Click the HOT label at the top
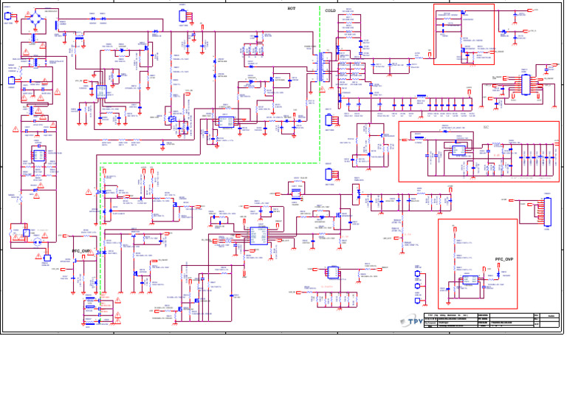[292, 8]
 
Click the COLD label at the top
[330, 11]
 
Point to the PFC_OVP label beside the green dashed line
[81, 251]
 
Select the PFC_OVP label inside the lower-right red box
[504, 260]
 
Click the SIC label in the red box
[486, 126]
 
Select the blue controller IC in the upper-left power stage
[101, 92]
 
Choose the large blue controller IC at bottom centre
[258, 236]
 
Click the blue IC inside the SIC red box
[458, 151]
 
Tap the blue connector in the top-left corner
[7, 16]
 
